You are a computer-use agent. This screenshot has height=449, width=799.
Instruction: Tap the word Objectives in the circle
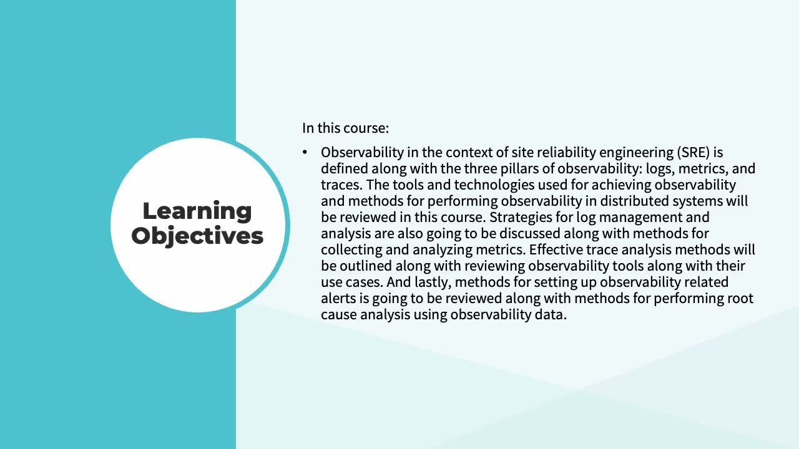(197, 236)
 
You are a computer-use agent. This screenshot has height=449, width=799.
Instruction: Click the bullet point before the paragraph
(305, 153)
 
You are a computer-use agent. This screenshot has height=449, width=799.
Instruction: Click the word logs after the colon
(660, 169)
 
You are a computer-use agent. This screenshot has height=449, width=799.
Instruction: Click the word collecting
(351, 250)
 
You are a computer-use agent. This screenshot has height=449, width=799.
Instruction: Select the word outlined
(366, 266)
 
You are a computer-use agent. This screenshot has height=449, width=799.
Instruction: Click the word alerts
(338, 298)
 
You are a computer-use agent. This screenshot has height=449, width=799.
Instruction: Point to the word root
(740, 299)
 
